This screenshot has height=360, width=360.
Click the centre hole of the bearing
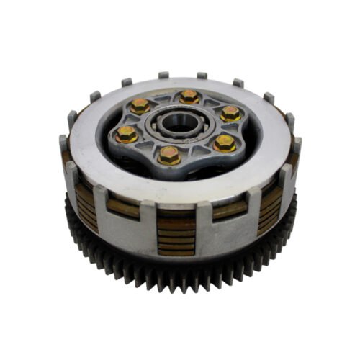tap(178, 122)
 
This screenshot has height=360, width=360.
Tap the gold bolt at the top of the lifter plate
tap(189, 96)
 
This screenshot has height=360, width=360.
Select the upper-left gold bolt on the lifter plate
tap(140, 107)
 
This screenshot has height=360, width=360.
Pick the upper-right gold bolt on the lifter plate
tap(230, 113)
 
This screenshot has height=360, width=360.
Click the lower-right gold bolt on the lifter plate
tap(224, 143)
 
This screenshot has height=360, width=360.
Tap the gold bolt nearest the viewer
tap(170, 154)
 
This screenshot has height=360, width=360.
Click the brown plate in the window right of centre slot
tap(230, 210)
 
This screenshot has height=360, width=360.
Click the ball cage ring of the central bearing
tap(178, 132)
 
